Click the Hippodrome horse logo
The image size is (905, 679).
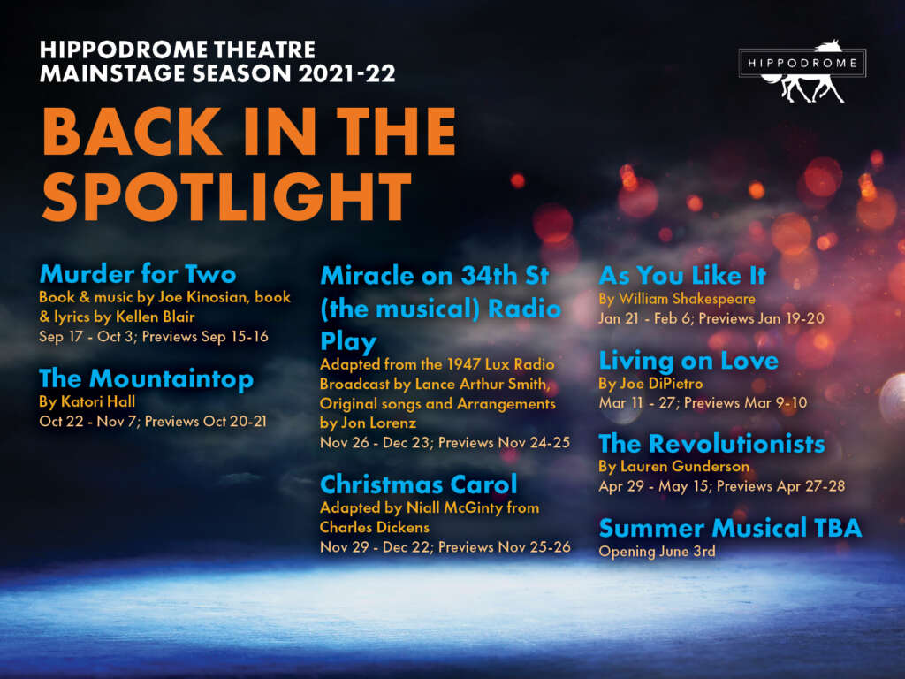click(802, 71)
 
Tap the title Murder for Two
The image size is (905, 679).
click(138, 274)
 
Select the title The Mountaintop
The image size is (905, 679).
click(146, 378)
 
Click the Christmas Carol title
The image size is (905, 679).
click(418, 484)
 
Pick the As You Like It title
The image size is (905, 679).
click(682, 276)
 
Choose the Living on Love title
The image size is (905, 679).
click(688, 361)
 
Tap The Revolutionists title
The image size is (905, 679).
click(711, 444)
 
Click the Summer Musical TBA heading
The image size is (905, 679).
click(730, 528)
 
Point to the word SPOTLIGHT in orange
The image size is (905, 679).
click(227, 197)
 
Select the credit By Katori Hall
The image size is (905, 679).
click(87, 401)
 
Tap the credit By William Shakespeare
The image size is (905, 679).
click(677, 299)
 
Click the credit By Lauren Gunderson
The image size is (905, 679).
click(674, 466)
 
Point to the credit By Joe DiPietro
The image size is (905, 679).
click(651, 384)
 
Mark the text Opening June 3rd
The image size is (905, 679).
click(658, 552)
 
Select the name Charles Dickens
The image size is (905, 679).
click(375, 527)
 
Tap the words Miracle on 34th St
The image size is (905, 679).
click(434, 276)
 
